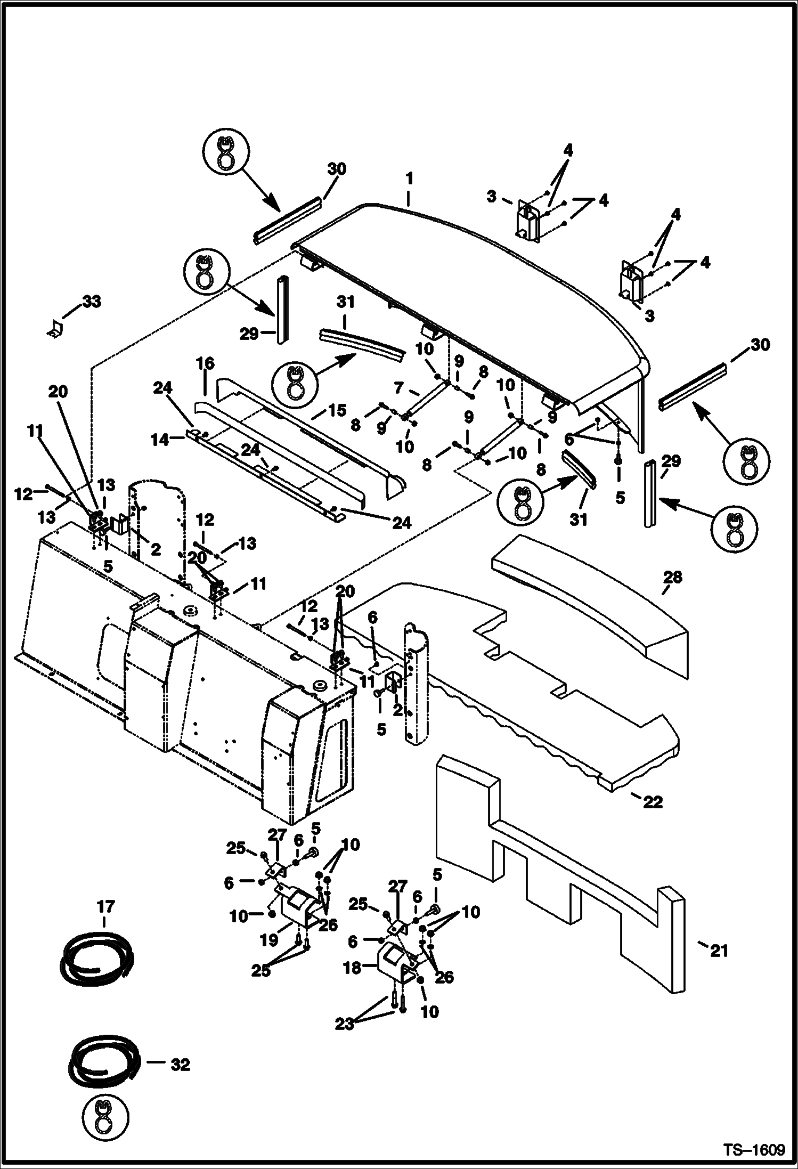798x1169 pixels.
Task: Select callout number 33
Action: [91, 302]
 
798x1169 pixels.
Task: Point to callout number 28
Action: [672, 578]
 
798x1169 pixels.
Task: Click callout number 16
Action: [205, 364]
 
